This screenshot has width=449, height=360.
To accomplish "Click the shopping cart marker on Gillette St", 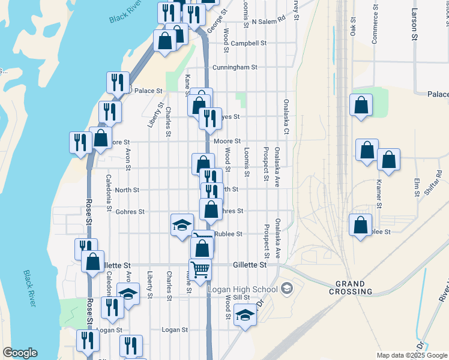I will pyautogui.click(x=200, y=268).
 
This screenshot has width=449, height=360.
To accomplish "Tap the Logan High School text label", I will pyautogui.click(x=242, y=289).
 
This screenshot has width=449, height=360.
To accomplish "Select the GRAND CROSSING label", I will pyautogui.click(x=351, y=287).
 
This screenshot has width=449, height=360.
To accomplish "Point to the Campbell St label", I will pyautogui.click(x=249, y=43).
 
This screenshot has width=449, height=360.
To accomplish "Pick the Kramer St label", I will pyautogui.click(x=379, y=189).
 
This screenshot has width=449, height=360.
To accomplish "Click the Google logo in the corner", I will pyautogui.click(x=19, y=353).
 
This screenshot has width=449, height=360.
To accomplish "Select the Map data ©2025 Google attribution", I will pyautogui.click(x=412, y=355).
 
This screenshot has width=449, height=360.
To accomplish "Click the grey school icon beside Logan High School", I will pyautogui.click(x=286, y=289).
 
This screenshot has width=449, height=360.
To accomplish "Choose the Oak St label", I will pyautogui.click(x=353, y=29).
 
